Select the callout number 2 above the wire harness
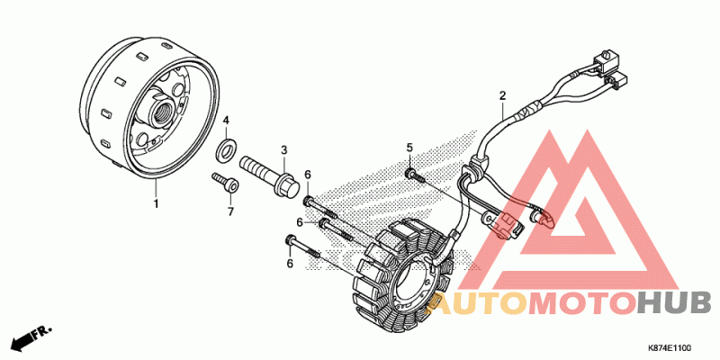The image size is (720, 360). click(x=502, y=95)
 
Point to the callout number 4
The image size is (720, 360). click(x=227, y=120)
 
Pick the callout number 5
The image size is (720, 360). click(x=409, y=148)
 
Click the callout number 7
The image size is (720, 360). click(x=229, y=211)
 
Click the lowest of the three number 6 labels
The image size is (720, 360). click(x=290, y=263)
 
